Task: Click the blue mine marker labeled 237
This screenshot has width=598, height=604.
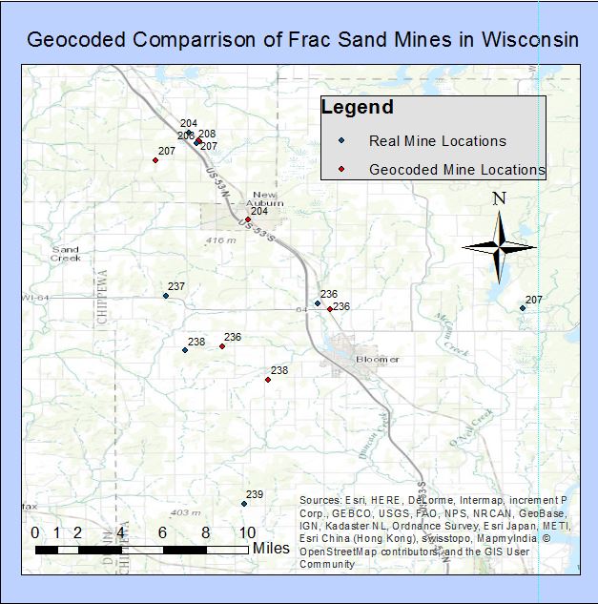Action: tap(166, 296)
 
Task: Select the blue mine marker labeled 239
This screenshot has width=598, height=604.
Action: tap(244, 504)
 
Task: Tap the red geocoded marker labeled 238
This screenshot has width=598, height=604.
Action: tap(268, 380)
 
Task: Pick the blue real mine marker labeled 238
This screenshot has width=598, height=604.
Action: tap(185, 350)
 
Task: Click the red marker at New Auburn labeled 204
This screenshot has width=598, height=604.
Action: tap(248, 219)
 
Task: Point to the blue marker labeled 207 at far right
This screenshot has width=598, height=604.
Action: tap(523, 308)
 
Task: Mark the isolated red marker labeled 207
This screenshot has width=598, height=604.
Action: tap(155, 160)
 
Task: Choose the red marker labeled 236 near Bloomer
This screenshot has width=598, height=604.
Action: tap(330, 309)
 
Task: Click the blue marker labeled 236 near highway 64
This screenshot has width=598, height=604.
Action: tap(318, 303)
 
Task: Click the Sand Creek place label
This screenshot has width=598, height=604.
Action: tap(66, 253)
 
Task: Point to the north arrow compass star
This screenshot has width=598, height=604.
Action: tap(499, 246)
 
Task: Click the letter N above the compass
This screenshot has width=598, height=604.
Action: tap(499, 198)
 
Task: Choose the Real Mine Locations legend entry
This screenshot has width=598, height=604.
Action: tap(437, 141)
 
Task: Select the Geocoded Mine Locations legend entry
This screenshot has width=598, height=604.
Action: tap(456, 170)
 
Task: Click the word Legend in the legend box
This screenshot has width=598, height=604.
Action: tap(357, 107)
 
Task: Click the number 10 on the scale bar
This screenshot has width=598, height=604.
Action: tap(246, 532)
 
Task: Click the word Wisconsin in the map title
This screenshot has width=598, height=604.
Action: tap(521, 41)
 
